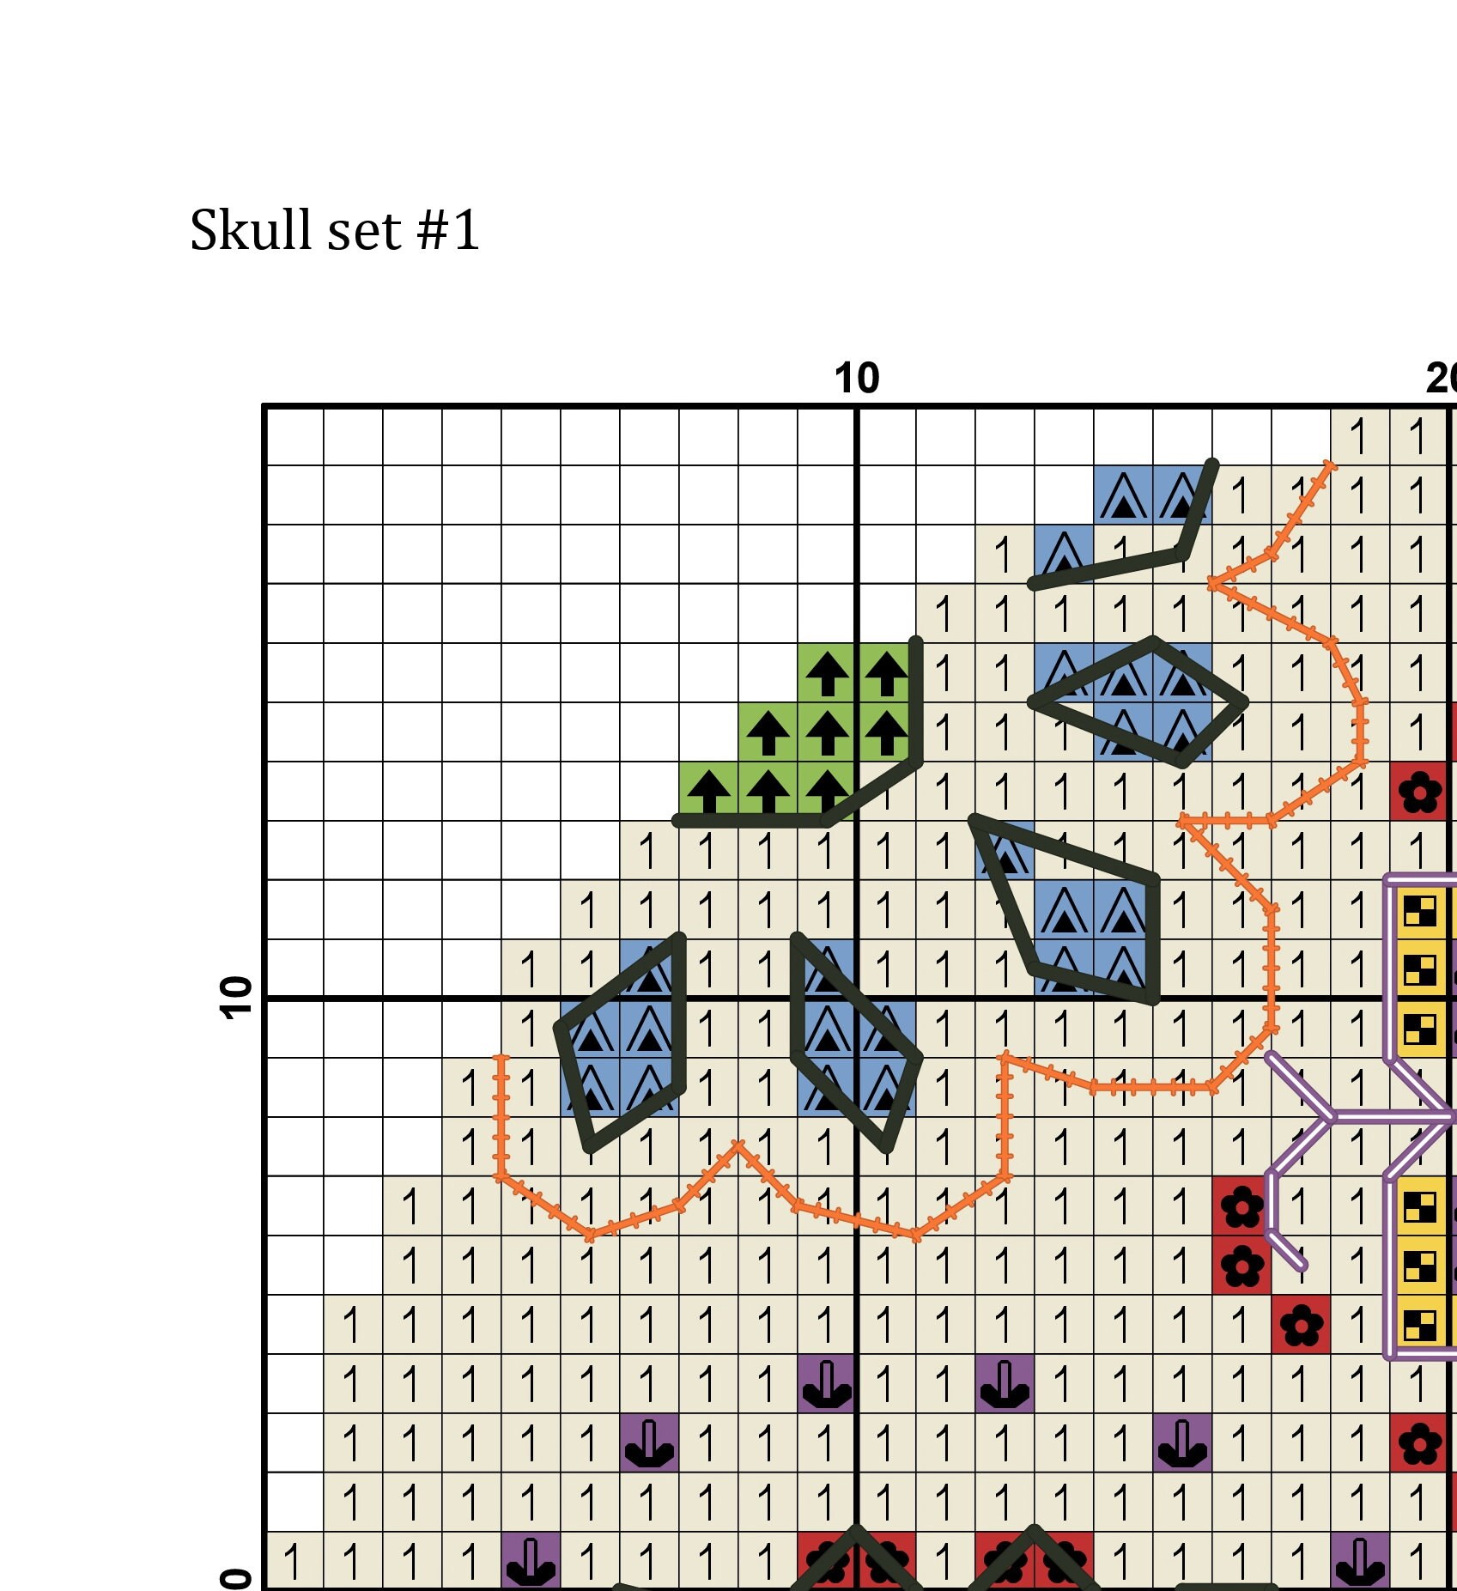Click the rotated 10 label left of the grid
(x=238, y=998)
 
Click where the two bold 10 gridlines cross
(x=858, y=998)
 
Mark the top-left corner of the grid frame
(x=264, y=405)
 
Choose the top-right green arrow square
(x=887, y=673)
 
